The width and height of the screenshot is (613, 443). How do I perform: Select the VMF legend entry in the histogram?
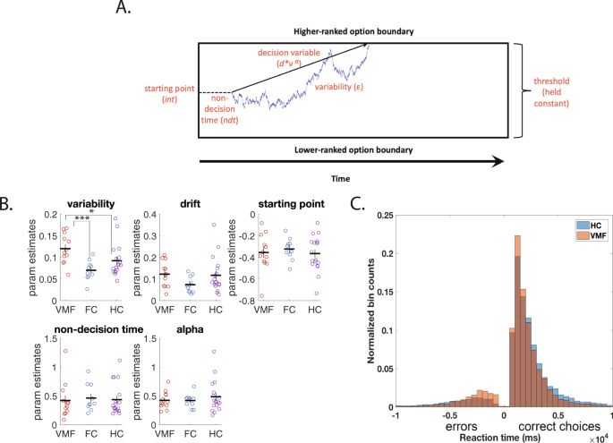(x=591, y=234)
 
